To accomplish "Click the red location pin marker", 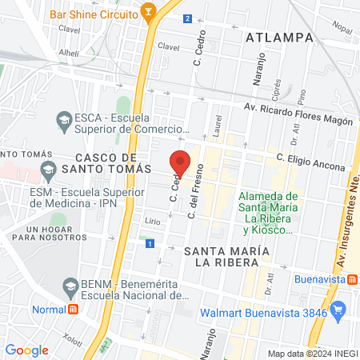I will coord(181,162).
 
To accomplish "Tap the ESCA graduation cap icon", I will coord(64,122).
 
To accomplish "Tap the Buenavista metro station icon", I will coord(351,279).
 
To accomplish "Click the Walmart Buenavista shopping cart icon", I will coord(339,308).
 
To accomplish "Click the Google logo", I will coord(26,350).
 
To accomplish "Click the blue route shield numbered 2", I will coord(187,18).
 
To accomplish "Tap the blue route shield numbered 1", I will coord(150,242).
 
